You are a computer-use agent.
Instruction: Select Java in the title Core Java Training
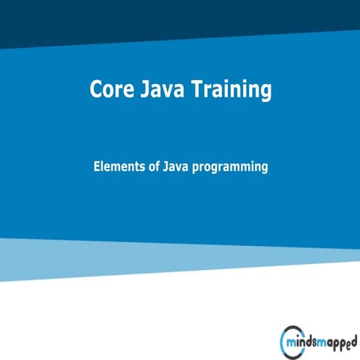pyautogui.click(x=158, y=90)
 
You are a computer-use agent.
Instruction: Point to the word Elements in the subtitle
pyautogui.click(x=116, y=167)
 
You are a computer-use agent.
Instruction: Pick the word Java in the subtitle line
pyautogui.click(x=174, y=167)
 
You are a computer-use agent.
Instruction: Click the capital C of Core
pyautogui.click(x=96, y=90)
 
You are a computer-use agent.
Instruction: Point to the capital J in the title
pyautogui.click(x=142, y=90)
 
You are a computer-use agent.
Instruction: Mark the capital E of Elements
pyautogui.click(x=97, y=167)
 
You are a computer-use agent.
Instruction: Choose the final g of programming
pyautogui.click(x=264, y=169)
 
